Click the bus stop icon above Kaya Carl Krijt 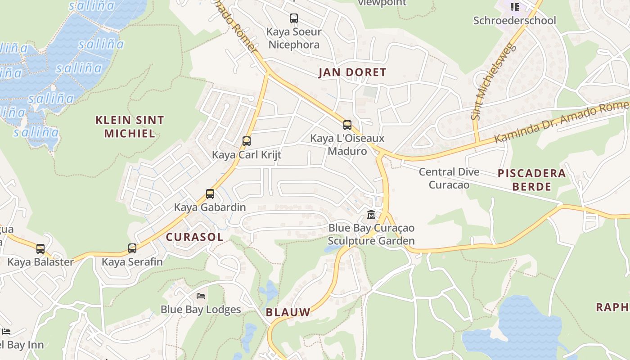[x=246, y=141]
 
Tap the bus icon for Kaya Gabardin [x=210, y=194]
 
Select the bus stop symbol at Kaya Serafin [x=132, y=248]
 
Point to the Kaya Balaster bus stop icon [x=40, y=249]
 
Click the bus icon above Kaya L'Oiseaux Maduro [x=347, y=125]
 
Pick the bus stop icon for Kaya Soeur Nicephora [x=293, y=18]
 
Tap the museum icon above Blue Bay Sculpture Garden [x=371, y=215]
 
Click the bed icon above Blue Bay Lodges [x=201, y=296]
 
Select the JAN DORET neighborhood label [x=352, y=72]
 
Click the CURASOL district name [x=194, y=237]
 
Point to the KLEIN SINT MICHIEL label [x=130, y=126]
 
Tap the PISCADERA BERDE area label [x=531, y=180]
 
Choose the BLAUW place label [x=288, y=312]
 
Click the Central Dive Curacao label [x=449, y=178]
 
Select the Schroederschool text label [x=514, y=21]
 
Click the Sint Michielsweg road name [x=492, y=81]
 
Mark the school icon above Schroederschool [x=514, y=7]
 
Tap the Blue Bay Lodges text [x=201, y=310]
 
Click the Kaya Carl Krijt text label [x=246, y=155]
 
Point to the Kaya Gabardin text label [x=210, y=207]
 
